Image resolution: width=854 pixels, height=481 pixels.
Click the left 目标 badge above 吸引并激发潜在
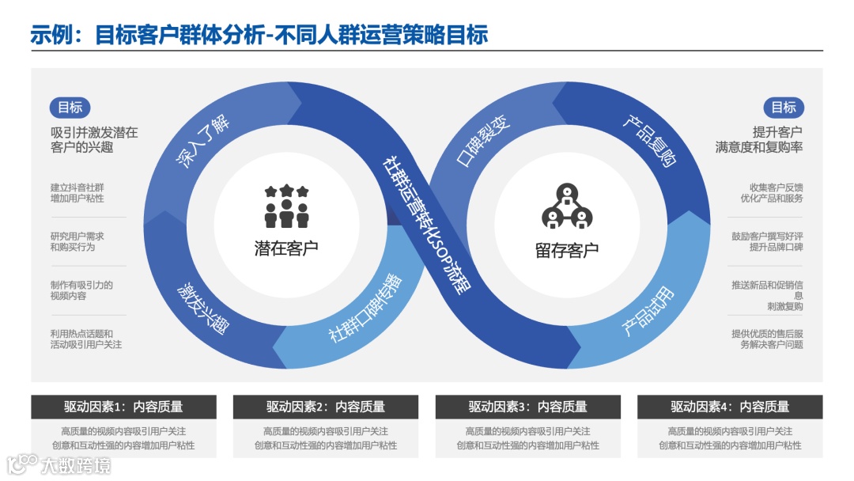tap(70, 108)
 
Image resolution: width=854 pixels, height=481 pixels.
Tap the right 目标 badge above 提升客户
tap(784, 108)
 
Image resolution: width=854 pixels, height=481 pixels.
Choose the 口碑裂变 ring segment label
tap(484, 142)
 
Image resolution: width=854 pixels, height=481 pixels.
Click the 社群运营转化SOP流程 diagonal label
tap(426, 224)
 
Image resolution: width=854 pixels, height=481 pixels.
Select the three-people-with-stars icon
tap(286, 206)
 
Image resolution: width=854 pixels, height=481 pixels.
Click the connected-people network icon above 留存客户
tap(566, 206)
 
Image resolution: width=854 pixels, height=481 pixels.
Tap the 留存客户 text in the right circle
tap(566, 250)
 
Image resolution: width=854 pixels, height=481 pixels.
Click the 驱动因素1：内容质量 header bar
tap(123, 407)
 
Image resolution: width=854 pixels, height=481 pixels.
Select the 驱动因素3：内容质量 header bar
tap(527, 407)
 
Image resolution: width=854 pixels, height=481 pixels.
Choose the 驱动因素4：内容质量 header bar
tap(730, 407)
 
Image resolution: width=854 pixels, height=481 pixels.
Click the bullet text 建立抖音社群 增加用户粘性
tap(77, 193)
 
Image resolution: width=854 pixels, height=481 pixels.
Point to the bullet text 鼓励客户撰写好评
tap(767, 236)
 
